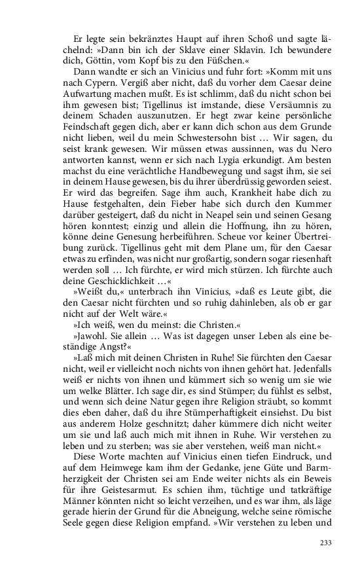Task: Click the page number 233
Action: [325, 543]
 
